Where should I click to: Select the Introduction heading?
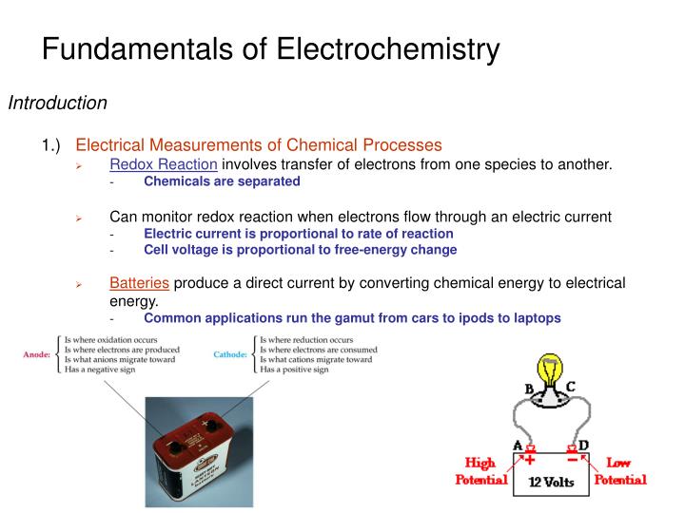57,103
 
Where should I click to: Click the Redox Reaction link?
164,164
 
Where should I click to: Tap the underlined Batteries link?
139,283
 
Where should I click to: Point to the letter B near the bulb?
529,389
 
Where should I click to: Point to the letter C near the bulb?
570,387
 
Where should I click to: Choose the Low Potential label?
619,471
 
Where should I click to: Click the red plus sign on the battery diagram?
530,458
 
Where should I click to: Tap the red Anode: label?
36,354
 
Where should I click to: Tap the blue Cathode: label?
230,354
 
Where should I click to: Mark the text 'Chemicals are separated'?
222,180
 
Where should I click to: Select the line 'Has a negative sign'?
99,370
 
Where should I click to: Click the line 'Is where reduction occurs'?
306,339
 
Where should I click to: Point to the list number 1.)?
50,145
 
